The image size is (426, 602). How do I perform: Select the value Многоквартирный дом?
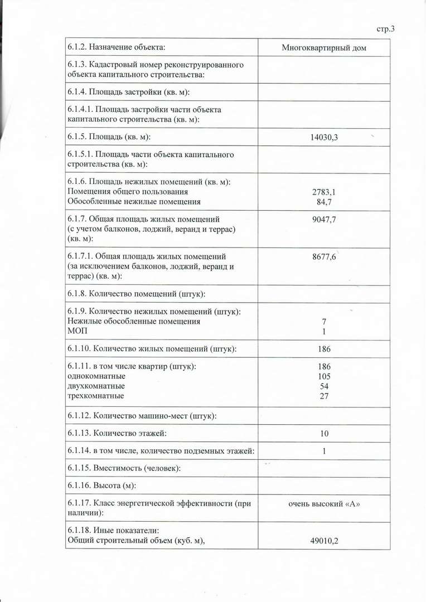[x=324, y=48]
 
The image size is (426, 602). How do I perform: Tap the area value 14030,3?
[x=324, y=137]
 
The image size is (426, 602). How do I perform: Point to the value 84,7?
[x=324, y=201]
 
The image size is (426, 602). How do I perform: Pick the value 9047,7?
[x=324, y=219]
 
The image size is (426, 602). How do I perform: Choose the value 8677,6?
[x=324, y=257]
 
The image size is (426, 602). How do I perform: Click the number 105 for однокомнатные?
[x=324, y=376]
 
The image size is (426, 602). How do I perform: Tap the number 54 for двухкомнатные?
[x=324, y=386]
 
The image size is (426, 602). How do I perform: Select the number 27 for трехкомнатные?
[x=324, y=396]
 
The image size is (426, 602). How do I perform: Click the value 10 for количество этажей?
[x=324, y=434]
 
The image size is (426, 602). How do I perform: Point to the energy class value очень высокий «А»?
[x=324, y=504]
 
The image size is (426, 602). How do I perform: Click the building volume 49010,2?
[x=324, y=540]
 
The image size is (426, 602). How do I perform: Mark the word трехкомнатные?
[x=95, y=396]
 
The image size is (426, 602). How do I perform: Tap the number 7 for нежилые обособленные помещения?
[x=324, y=322]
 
